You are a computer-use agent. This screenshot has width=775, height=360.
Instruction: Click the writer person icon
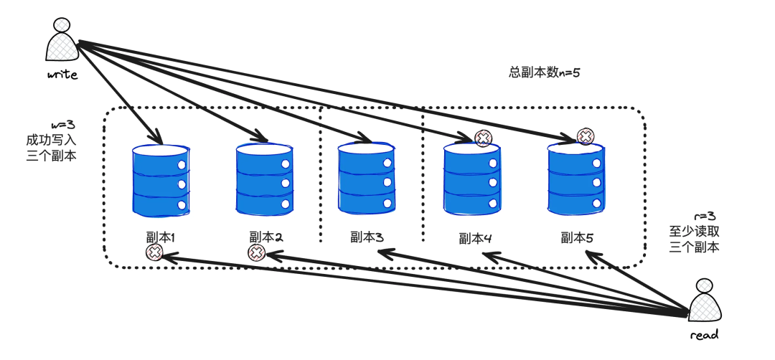click(61, 42)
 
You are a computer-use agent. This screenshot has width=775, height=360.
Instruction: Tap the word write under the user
click(62, 74)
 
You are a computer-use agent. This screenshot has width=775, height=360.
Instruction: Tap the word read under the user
click(704, 334)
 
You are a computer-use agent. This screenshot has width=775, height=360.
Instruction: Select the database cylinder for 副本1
click(160, 180)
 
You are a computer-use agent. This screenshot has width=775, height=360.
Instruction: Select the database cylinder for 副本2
click(265, 179)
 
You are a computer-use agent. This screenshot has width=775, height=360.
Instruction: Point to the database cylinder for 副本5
click(576, 177)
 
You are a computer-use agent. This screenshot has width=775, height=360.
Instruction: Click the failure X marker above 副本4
click(484, 139)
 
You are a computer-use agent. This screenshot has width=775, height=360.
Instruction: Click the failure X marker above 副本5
click(586, 136)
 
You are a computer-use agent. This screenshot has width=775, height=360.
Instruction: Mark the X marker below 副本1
click(154, 252)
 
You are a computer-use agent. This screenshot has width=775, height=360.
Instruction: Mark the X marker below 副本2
click(256, 252)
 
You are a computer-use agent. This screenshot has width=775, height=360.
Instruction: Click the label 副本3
click(366, 237)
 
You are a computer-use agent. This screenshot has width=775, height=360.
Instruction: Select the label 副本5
click(577, 237)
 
